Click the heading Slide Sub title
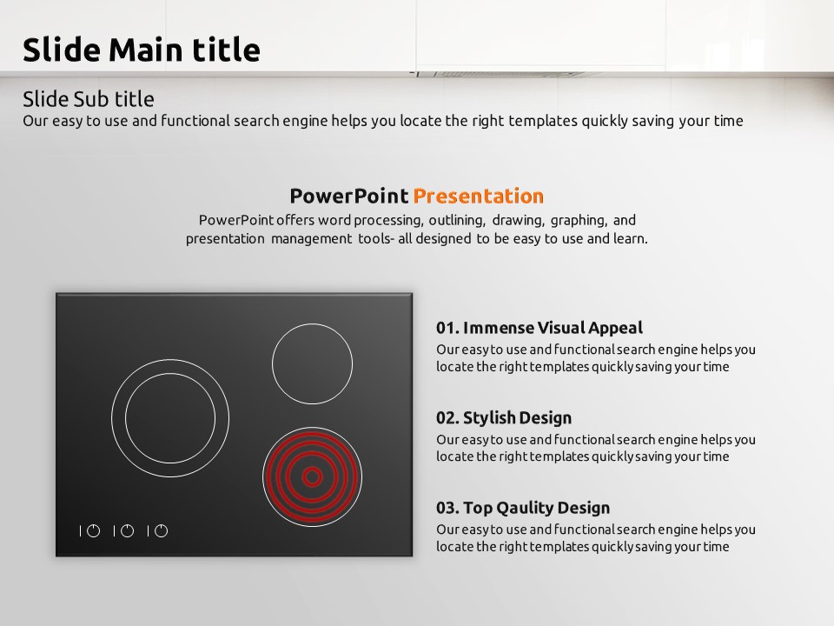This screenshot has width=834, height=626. click(x=89, y=99)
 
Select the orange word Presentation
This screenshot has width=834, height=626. click(x=479, y=196)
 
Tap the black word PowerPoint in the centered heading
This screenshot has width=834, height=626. click(x=349, y=196)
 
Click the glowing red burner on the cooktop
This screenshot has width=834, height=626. click(x=312, y=477)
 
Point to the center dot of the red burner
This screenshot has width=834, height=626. click(x=312, y=477)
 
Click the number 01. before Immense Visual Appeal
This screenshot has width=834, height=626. click(x=448, y=328)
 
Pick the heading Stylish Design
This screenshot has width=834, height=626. click(x=517, y=418)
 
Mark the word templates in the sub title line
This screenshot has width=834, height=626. click(x=542, y=122)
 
